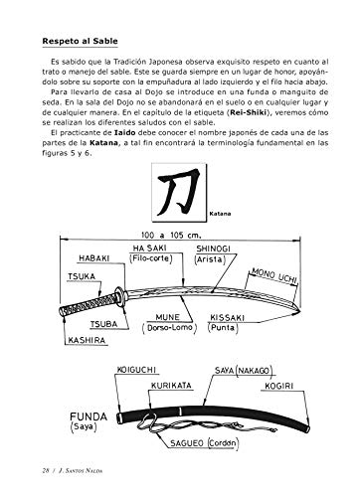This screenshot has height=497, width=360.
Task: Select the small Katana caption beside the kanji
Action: (x=222, y=213)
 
